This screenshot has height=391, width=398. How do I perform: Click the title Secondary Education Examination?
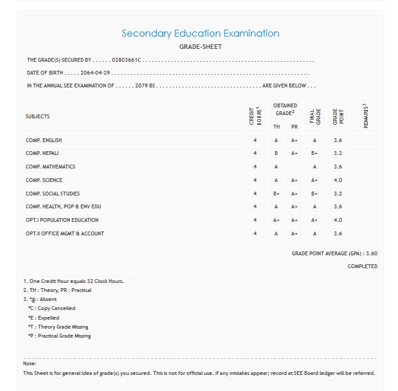[x=201, y=33]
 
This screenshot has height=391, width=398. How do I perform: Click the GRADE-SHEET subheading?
[x=201, y=47]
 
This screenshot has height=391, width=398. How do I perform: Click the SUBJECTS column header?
[x=37, y=116]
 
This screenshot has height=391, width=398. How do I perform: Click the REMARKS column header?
[x=365, y=116]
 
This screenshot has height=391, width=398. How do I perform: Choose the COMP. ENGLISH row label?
[x=44, y=140]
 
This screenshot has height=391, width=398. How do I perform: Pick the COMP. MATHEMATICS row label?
[x=50, y=167]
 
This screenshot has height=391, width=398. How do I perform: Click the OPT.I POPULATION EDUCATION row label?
[x=62, y=220]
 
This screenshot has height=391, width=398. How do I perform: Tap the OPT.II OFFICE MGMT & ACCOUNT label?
[x=64, y=233]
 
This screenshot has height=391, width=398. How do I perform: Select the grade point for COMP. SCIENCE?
[x=338, y=180]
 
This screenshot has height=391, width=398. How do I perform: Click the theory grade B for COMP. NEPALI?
[x=276, y=154]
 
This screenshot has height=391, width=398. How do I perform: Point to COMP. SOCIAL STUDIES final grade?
[x=314, y=194]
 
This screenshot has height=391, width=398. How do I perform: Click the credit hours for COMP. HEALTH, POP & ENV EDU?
[x=255, y=206]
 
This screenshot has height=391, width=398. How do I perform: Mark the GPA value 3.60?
[x=371, y=253]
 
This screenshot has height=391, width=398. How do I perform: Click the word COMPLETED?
[x=363, y=266]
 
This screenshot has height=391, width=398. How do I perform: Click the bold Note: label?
[x=30, y=364]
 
